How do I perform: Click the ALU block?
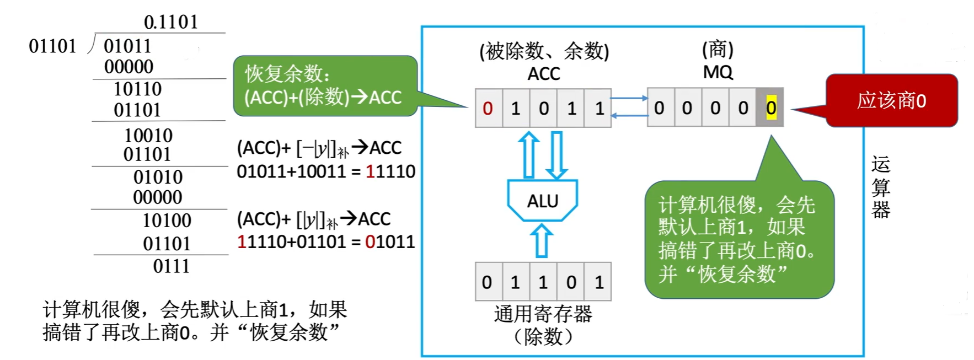point(542,201)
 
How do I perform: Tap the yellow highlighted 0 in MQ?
point(770,108)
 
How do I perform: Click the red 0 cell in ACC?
point(488,109)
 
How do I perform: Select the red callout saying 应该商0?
point(891,101)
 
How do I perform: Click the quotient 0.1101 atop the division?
point(170,22)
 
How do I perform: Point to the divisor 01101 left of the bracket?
point(52,46)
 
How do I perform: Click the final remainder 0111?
point(171,266)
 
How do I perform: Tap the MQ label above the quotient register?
point(718,72)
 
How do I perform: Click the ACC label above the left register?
point(543,74)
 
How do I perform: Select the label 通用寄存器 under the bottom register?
point(543,314)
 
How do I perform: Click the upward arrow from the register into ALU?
point(542,240)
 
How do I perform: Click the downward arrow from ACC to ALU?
point(556,155)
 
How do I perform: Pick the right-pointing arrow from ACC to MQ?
point(629,99)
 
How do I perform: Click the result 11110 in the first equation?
point(390,171)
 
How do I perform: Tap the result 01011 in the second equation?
point(390,242)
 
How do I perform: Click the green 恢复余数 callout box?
point(325,86)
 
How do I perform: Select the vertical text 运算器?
point(880,187)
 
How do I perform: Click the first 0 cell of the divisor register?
point(487,282)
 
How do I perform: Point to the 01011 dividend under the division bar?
point(127,46)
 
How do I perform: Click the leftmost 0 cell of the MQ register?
point(659,108)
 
